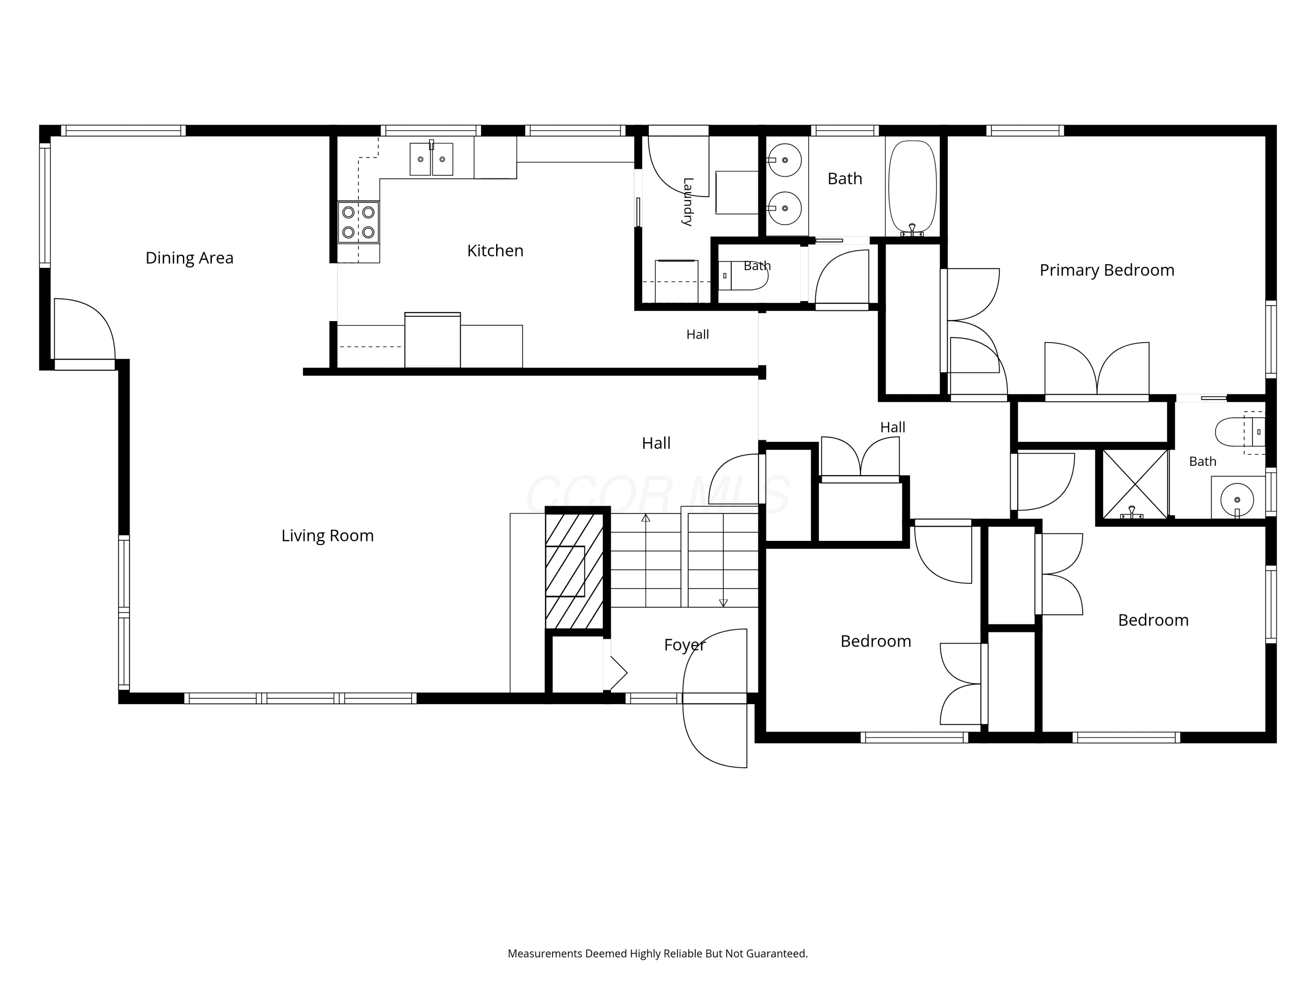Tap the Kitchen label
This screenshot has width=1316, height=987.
point(495,251)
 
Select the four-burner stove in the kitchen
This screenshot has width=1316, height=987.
point(359,222)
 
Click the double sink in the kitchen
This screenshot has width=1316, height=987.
point(431,159)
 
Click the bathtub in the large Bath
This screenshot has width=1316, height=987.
point(912,186)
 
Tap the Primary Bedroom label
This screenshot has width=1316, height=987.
point(1107,270)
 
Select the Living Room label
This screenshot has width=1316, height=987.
point(327,536)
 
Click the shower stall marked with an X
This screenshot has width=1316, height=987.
point(1135,484)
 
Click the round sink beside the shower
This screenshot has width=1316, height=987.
point(1237,500)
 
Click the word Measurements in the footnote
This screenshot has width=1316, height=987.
point(545,954)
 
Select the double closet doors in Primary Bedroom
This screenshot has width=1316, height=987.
point(1097,369)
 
